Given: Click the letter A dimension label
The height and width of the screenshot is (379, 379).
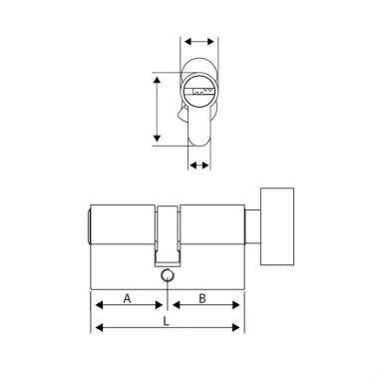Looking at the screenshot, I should (x=127, y=298).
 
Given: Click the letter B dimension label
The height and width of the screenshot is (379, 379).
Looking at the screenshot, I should (x=202, y=298).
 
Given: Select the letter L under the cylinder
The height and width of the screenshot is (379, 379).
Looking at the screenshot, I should (x=165, y=322).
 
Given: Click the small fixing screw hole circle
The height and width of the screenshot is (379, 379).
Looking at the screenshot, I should (x=167, y=277).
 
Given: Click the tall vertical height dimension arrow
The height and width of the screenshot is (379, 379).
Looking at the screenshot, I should (x=156, y=109).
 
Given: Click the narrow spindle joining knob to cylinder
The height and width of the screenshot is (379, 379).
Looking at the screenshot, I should (x=250, y=226).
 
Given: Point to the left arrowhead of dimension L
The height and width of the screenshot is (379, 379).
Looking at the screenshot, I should (x=96, y=328).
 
